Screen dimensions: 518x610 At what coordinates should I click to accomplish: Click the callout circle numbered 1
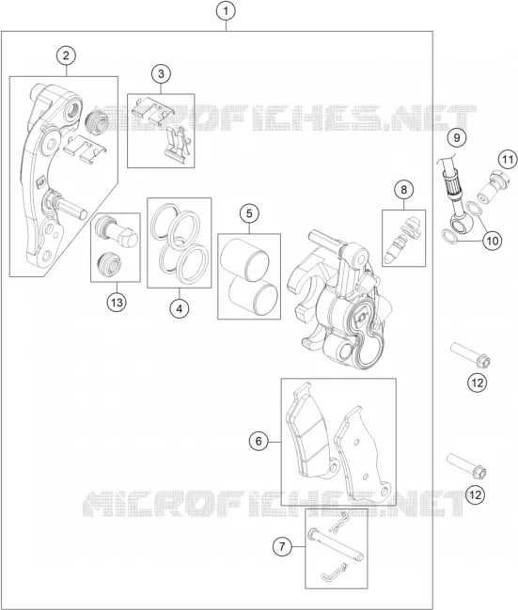[x=226, y=11]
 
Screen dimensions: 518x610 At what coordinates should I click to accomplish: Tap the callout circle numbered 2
[x=66, y=55]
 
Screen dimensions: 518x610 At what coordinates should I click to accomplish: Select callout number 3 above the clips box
[x=161, y=73]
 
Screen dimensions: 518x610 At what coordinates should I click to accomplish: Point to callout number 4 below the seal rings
[x=180, y=309]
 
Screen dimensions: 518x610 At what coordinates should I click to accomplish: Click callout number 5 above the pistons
[x=249, y=213]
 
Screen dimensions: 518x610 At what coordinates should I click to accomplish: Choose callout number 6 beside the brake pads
[x=259, y=441]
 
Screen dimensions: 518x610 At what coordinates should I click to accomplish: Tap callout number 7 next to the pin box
[x=282, y=547]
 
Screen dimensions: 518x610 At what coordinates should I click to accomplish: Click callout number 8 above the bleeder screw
[x=403, y=190]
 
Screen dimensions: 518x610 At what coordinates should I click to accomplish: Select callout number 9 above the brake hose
[x=457, y=137]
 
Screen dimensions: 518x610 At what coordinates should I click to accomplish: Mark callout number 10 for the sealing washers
[x=493, y=241]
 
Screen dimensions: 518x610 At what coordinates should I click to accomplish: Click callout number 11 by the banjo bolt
[x=507, y=160]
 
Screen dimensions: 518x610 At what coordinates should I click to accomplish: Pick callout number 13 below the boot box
[x=117, y=303]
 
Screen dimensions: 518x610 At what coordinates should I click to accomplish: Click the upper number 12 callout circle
[x=478, y=383]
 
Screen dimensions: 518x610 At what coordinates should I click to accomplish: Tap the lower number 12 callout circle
[x=476, y=494]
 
